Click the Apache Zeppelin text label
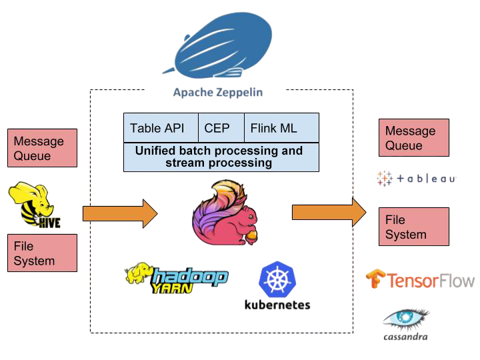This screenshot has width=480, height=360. (217, 92)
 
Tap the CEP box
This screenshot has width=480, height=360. (216, 128)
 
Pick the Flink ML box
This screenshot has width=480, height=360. (273, 128)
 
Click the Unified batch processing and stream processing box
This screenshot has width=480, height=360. (221, 157)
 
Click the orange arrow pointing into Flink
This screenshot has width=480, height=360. (120, 213)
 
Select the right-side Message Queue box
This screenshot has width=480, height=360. (413, 138)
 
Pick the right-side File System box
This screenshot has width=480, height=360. (413, 227)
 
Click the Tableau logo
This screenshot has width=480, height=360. (415, 179)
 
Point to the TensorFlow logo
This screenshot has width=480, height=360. (420, 279)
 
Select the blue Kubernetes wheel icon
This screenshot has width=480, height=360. (277, 280)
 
